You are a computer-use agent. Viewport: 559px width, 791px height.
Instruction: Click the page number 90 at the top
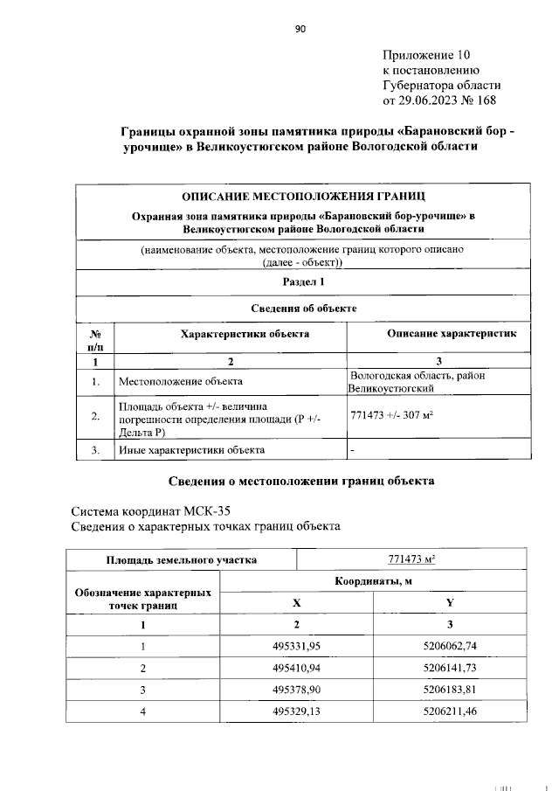[300, 29]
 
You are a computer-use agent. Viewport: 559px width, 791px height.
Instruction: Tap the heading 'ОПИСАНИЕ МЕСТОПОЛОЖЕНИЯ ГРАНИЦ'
[303, 195]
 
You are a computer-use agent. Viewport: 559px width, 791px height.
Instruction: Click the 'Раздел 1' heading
[303, 281]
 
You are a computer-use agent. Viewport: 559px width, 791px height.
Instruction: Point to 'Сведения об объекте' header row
[303, 308]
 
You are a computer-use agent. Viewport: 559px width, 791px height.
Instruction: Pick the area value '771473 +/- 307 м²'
[391, 415]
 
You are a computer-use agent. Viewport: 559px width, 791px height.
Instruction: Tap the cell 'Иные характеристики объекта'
[191, 450]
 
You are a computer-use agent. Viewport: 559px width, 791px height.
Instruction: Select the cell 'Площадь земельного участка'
[182, 559]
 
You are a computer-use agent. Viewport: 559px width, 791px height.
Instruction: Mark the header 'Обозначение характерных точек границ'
[143, 598]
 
